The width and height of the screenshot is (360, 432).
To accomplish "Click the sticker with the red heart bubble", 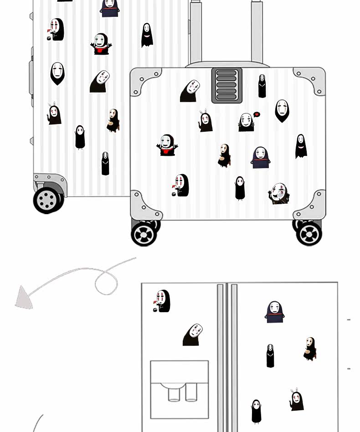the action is pyautogui.click(x=248, y=122).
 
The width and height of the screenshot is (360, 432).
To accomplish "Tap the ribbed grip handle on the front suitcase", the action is pyautogui.click(x=226, y=85).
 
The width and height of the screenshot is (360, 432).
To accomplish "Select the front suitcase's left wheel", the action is pyautogui.click(x=144, y=233).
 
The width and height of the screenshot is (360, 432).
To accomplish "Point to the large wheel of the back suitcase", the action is pyautogui.click(x=47, y=199).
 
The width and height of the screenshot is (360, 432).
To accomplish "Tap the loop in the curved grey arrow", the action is pyautogui.click(x=106, y=282).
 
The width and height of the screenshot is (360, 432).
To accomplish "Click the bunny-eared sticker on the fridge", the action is pyautogui.click(x=297, y=400).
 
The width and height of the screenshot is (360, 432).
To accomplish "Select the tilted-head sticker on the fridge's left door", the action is pyautogui.click(x=193, y=335).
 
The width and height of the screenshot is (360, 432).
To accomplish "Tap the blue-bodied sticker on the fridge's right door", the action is pyautogui.click(x=274, y=312).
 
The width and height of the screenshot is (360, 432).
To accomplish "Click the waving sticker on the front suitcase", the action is pyautogui.click(x=279, y=193).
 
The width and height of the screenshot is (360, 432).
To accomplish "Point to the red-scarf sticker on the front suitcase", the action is pyautogui.click(x=167, y=145).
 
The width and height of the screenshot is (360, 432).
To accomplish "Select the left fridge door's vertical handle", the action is pyautogui.click(x=221, y=355).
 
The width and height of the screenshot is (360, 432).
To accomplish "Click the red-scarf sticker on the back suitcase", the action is pyautogui.click(x=102, y=44).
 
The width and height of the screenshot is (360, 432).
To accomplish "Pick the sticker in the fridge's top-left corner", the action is pyautogui.click(x=162, y=302).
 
